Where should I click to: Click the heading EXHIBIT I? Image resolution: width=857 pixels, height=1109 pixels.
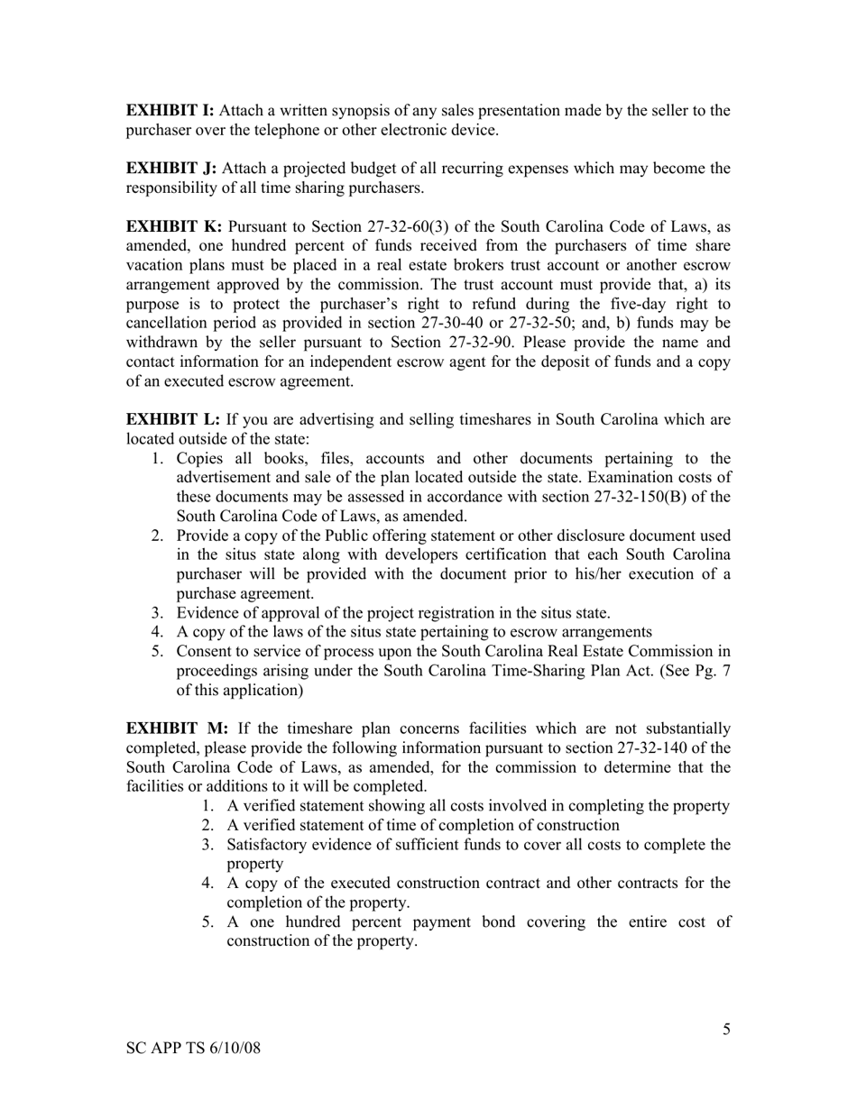click(x=170, y=111)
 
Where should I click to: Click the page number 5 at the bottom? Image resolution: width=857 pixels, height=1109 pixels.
click(x=726, y=1030)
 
